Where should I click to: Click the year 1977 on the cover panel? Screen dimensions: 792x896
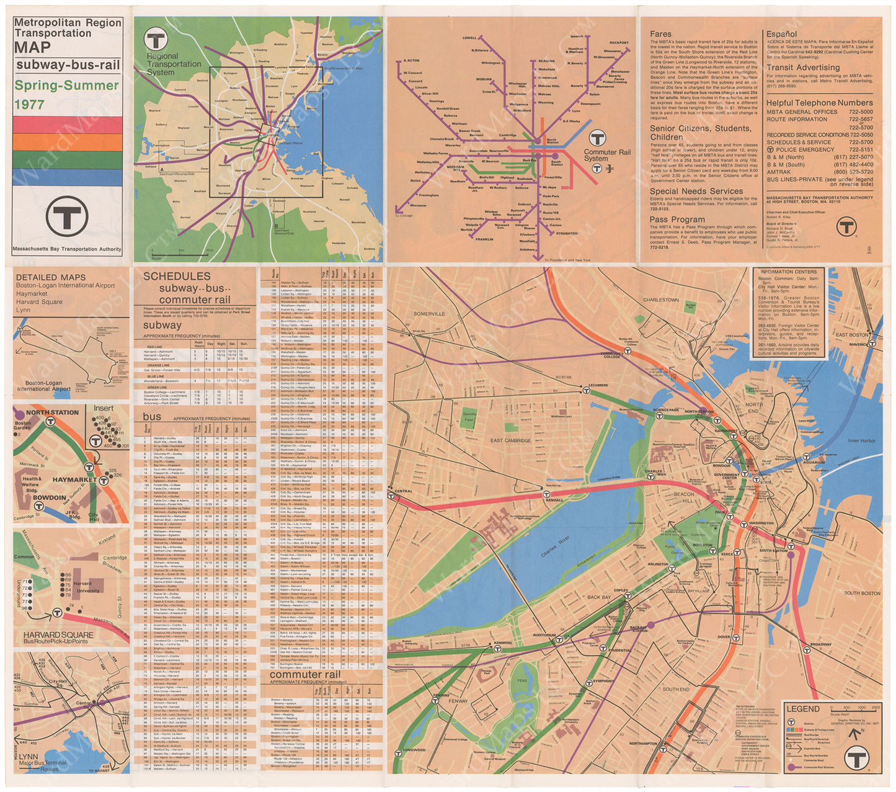[x=30, y=104]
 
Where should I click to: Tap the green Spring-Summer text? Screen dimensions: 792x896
[x=66, y=86]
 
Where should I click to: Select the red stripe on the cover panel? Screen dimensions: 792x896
[x=68, y=125]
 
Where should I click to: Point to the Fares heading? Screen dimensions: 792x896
[x=660, y=34]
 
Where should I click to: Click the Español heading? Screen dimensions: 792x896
[x=781, y=34]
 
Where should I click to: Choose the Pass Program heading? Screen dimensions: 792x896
[x=677, y=220]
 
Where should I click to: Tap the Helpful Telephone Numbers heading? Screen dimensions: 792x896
[x=819, y=103]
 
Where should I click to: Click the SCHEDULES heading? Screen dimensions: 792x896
[x=177, y=277]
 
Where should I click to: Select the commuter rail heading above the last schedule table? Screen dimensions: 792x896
[x=304, y=674]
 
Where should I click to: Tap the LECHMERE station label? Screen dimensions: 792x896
[x=598, y=386]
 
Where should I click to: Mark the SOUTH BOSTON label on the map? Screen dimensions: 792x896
[x=861, y=594]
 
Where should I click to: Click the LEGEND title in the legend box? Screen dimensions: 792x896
[x=802, y=709]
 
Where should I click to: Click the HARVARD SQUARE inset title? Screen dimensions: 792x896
[x=58, y=635]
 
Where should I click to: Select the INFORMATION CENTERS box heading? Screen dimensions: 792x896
[x=788, y=272]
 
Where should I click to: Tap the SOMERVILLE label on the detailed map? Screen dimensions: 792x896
[x=429, y=314]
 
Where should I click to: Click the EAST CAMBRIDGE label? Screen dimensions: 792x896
[x=510, y=440]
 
